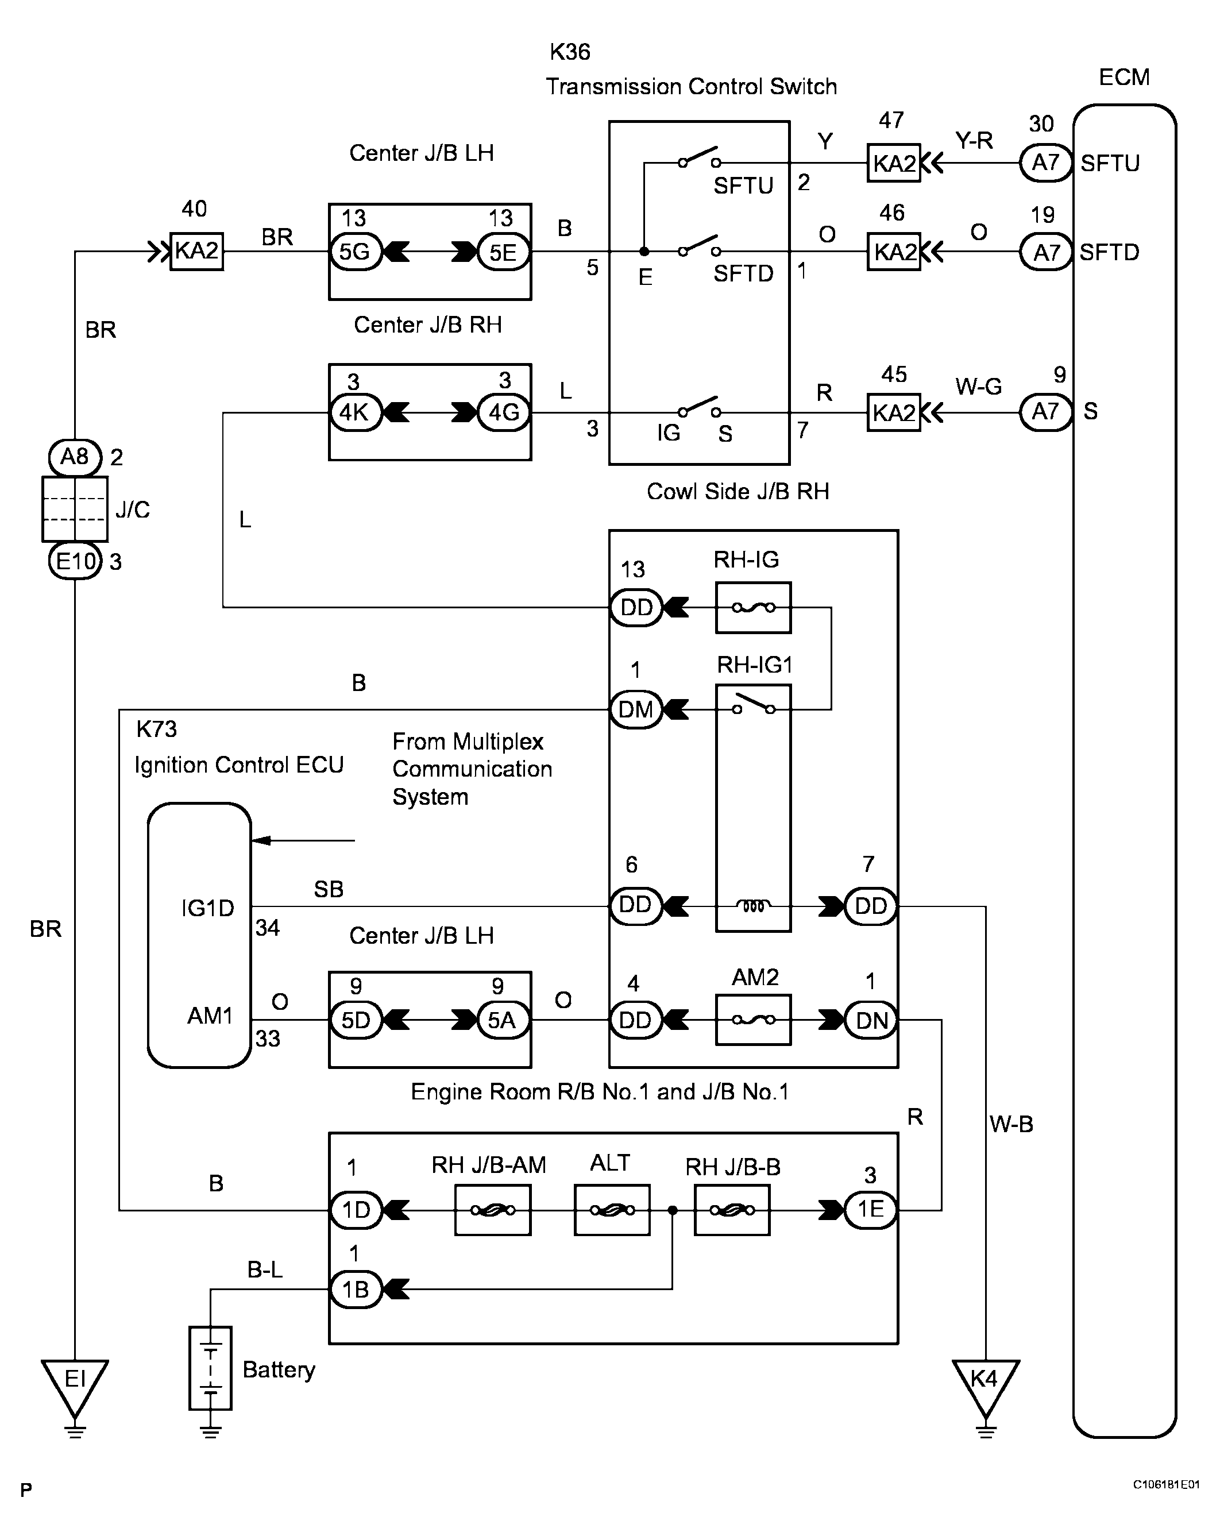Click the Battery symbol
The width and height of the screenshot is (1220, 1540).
click(210, 1368)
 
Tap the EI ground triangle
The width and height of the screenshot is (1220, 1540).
click(74, 1382)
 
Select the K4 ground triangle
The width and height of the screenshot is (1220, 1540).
click(985, 1382)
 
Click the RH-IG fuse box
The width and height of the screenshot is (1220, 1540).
click(753, 608)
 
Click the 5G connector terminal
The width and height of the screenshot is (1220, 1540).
click(355, 252)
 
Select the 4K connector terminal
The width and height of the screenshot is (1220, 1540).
click(355, 412)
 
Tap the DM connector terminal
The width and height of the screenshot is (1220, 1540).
click(636, 709)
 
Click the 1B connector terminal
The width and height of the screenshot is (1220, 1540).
click(355, 1290)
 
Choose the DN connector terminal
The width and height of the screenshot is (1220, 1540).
click(871, 1020)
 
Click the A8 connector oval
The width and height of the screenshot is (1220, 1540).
click(74, 457)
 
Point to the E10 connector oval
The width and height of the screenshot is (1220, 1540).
click(74, 561)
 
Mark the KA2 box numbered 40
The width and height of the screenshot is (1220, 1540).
click(196, 252)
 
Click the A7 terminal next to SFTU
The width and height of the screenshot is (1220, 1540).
click(1046, 163)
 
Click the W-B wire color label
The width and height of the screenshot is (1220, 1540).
click(1011, 1124)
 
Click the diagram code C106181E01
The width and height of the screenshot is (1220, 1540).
click(1165, 1485)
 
